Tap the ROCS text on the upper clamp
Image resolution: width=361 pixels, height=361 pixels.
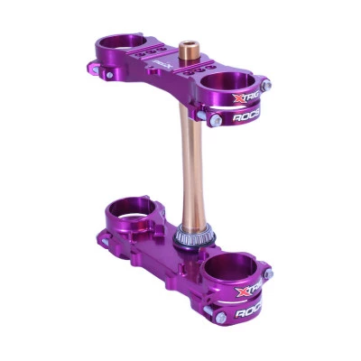(x=247, y=117)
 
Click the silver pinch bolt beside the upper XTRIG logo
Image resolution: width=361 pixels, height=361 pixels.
(x=267, y=87)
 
